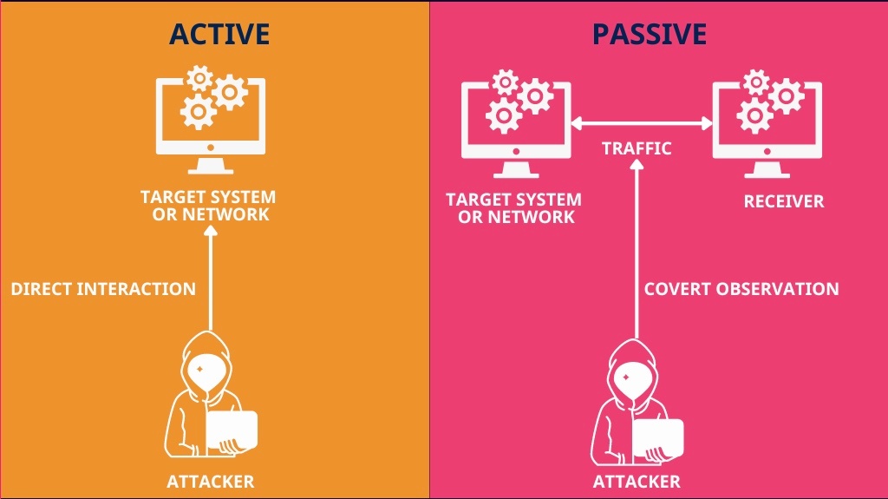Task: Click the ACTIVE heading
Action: coord(219,34)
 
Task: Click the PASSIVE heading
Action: coord(649,34)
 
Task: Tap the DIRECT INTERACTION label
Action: coord(103,289)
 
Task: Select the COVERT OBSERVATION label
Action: coord(741,289)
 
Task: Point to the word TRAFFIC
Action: coord(637,148)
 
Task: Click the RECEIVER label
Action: coord(784,201)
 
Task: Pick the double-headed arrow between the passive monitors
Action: coord(642,123)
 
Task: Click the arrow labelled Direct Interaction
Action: coord(211,278)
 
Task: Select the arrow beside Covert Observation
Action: coord(637,249)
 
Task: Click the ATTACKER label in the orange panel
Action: coord(211,482)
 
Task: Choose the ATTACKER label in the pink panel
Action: coord(637,482)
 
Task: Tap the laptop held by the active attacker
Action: coord(232,430)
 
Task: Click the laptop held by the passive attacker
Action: coord(657,437)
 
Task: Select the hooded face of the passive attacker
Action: coord(631,380)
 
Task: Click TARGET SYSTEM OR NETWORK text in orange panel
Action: coord(208,206)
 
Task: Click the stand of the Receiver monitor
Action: coord(767,169)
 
